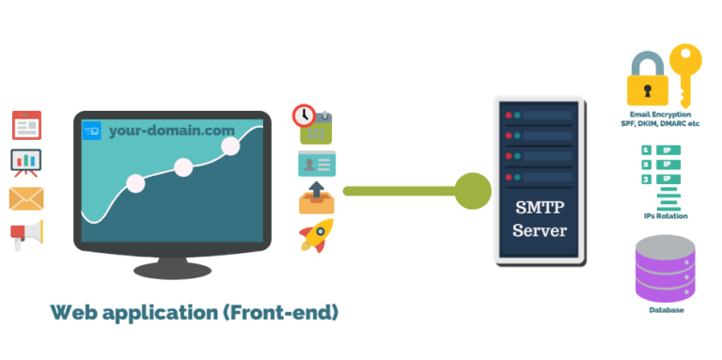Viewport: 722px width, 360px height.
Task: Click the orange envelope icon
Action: [x=26, y=198]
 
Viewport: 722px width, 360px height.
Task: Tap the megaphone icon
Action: [x=26, y=235]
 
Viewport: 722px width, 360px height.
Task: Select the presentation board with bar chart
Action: [x=26, y=162]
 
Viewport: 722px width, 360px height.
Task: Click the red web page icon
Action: [x=26, y=124]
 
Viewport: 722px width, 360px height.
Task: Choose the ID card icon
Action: [x=316, y=164]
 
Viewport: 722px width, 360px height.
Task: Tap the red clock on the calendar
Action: [x=304, y=116]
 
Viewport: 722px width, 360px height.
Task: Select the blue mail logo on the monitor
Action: [x=92, y=131]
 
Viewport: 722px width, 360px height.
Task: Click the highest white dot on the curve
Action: [x=230, y=146]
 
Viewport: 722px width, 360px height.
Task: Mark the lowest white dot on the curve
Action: [x=134, y=183]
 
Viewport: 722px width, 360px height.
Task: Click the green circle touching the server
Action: [x=473, y=191]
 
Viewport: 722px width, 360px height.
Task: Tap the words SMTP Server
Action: [x=540, y=218]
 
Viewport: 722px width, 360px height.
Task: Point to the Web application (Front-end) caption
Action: [x=194, y=313]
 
